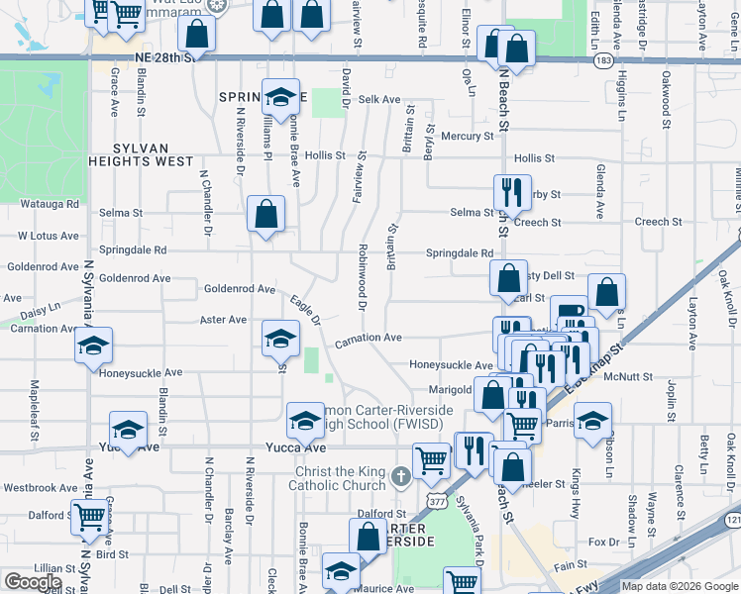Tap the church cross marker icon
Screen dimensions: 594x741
coord(400,478)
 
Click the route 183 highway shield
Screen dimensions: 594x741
coord(603,60)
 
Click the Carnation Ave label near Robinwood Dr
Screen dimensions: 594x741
coord(368,338)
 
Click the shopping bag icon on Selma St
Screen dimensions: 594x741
coord(265,214)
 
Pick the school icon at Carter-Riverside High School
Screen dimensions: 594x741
coord(305,422)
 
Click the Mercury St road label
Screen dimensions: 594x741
coord(467,136)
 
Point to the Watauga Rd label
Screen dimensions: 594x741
coord(49,204)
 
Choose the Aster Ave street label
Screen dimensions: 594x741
coord(223,320)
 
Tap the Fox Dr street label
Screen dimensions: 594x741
coord(602,543)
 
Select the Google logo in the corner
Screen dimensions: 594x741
coord(33,582)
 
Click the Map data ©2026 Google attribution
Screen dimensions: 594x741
coord(680,586)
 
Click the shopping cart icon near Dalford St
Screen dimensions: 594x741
coord(90,516)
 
